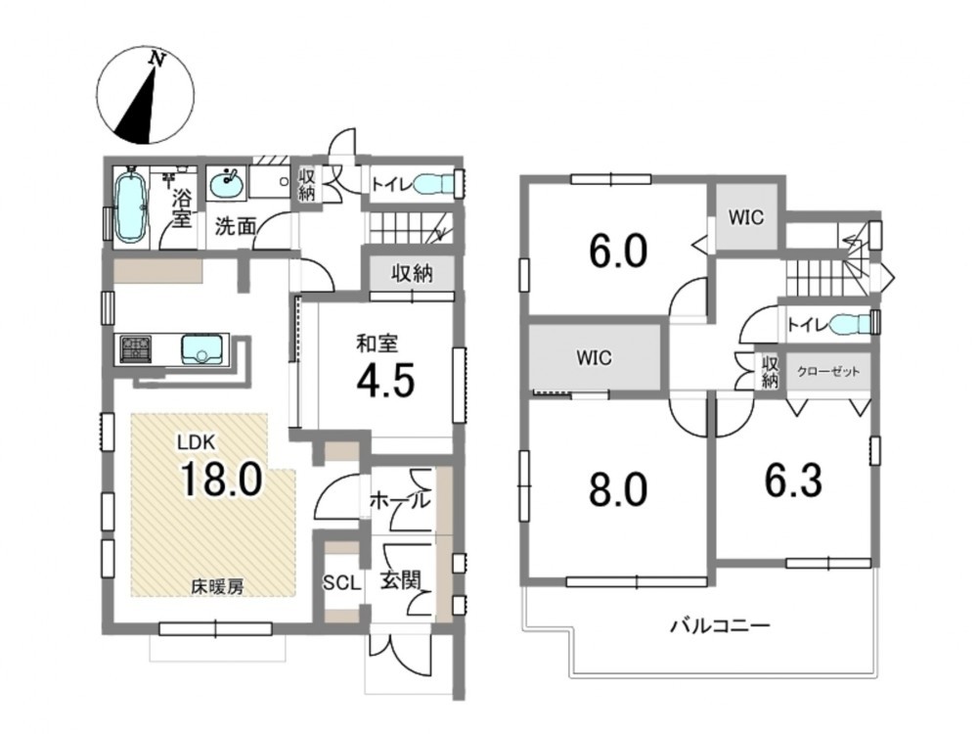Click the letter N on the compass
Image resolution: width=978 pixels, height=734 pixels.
157,60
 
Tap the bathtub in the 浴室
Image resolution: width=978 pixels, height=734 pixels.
132,206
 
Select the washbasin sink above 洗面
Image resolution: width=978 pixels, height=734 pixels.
227,183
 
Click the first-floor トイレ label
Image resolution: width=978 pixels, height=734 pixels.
391,185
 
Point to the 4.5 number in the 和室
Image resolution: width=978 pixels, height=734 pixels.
385,381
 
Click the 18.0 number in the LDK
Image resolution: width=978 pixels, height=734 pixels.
221,480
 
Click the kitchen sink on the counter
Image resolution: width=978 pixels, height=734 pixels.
202,349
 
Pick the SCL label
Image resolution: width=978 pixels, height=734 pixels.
341,583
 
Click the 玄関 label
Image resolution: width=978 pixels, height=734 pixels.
400,581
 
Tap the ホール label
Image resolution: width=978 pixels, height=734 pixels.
400,500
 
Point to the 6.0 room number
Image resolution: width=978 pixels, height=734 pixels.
618,251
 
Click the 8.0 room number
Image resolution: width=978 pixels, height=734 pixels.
618,489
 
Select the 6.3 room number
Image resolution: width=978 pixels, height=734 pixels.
793,482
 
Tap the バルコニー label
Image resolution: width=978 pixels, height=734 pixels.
721,625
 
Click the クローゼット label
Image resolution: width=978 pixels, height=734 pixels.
828,372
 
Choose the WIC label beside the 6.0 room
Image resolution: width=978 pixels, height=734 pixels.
746,217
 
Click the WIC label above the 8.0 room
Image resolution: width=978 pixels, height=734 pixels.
594,358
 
